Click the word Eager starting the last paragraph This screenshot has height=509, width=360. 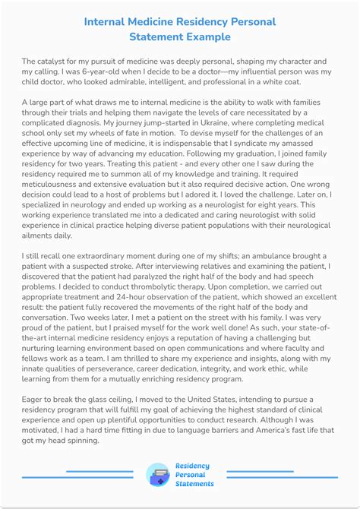pyautogui.click(x=36, y=399)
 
